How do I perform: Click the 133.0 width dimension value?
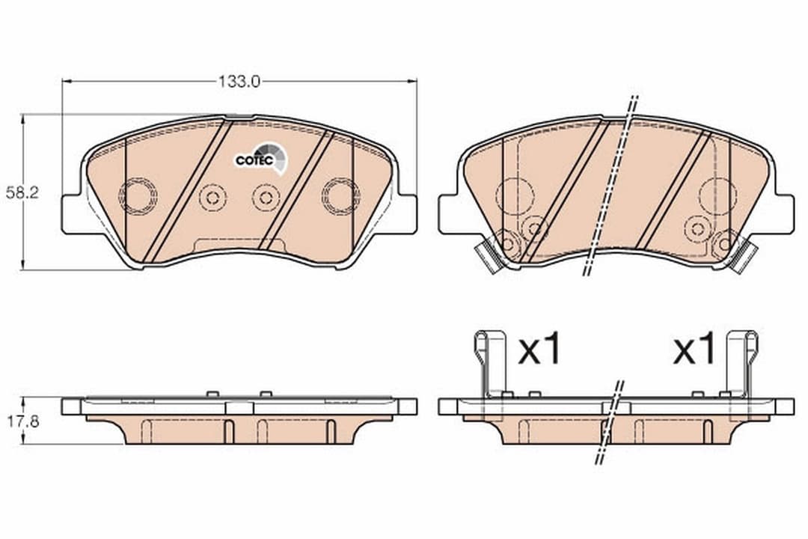[x=239, y=82]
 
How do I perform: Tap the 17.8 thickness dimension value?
[x=24, y=421]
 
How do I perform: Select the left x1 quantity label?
[x=539, y=350]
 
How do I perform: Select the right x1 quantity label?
[x=694, y=350]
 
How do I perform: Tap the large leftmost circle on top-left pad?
[x=138, y=196]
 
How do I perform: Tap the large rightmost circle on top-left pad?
[x=340, y=196]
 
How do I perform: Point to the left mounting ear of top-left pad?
[x=73, y=213]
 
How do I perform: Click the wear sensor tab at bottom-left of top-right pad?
[x=490, y=257]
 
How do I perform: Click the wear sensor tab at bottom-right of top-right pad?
[x=743, y=257]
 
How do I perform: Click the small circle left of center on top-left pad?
[x=212, y=198]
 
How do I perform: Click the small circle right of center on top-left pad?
[x=265, y=198]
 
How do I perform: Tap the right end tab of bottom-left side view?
[x=408, y=406]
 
